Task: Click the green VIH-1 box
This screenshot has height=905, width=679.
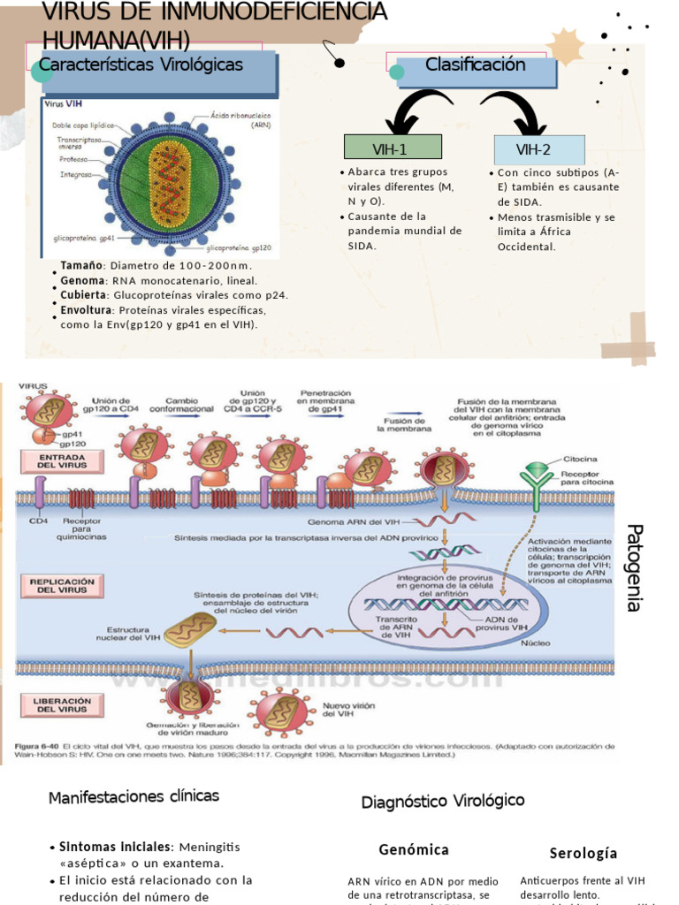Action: pyautogui.click(x=393, y=148)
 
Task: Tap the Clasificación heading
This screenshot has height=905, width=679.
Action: pyautogui.click(x=475, y=65)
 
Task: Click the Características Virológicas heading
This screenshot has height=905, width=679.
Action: pyautogui.click(x=141, y=65)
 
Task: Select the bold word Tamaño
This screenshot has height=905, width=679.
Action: pyautogui.click(x=81, y=266)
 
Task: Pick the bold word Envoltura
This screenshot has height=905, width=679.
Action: pyautogui.click(x=87, y=310)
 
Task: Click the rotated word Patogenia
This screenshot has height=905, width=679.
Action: pyautogui.click(x=633, y=567)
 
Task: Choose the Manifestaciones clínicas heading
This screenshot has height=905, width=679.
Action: pyautogui.click(x=134, y=796)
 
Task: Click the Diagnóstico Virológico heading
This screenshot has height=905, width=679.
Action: pyautogui.click(x=442, y=801)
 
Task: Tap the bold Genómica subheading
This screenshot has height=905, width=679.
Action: pyautogui.click(x=414, y=849)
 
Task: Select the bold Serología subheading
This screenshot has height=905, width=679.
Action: pyautogui.click(x=583, y=853)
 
